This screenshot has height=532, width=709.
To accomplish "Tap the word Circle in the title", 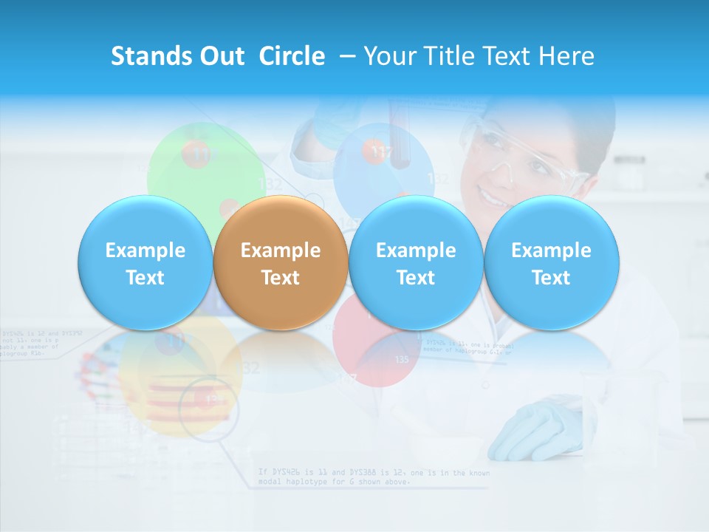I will coord(292,56).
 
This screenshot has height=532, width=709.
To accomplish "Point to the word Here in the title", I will coord(566,56).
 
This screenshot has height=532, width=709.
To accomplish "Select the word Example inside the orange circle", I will coord(281,250).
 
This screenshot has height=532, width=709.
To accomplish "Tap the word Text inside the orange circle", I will coord(281,278).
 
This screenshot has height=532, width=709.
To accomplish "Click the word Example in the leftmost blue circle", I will coord(145,250).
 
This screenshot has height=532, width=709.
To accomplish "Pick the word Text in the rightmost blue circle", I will coord(551,278).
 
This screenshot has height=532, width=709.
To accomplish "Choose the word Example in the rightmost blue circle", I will coord(551,250).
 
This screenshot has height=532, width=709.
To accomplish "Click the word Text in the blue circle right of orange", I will coord(416,278).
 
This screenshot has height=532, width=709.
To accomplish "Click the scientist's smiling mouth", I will coord(491,197).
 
